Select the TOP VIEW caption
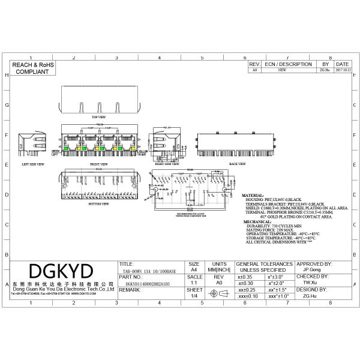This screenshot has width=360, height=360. (x=98, y=116)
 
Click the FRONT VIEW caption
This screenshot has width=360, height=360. (x=99, y=163)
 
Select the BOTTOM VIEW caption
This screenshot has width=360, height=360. (x=99, y=204)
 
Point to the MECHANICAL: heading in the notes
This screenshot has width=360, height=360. (x=257, y=221)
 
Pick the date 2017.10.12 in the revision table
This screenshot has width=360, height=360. (x=343, y=70)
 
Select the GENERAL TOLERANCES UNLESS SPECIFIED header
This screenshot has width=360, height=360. (x=265, y=267)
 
